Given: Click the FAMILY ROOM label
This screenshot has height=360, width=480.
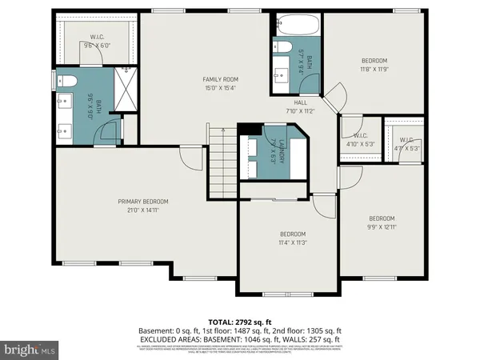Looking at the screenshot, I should tap(220, 78).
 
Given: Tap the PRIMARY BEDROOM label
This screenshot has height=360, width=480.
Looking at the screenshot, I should tap(143, 202).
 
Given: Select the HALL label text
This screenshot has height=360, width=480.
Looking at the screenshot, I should tap(300, 102).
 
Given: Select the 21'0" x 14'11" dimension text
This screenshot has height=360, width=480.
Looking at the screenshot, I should tap(143, 210).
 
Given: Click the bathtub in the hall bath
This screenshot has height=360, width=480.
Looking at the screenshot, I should tap(297, 26).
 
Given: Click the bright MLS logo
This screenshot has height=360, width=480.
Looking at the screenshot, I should tap(30, 350).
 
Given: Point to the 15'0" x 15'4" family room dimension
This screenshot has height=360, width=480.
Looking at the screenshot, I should tap(220, 87).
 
